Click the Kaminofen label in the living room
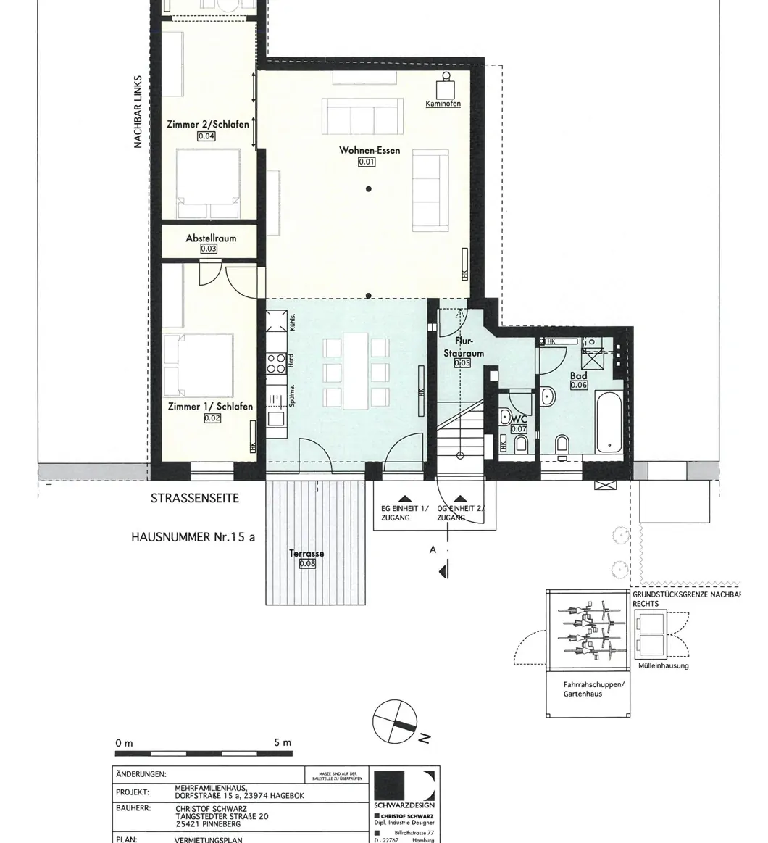443,104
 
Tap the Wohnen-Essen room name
369,151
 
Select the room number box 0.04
206,136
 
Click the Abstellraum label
211,238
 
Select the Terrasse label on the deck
306,554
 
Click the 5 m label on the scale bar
282,743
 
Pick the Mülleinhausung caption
664,665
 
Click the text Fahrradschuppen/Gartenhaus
588,689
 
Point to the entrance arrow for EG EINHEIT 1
404,499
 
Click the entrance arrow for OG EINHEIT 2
461,499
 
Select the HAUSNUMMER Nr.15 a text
193,538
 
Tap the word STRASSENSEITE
194,499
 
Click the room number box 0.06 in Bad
579,386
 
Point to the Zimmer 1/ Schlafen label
210,407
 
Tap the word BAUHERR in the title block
133,807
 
